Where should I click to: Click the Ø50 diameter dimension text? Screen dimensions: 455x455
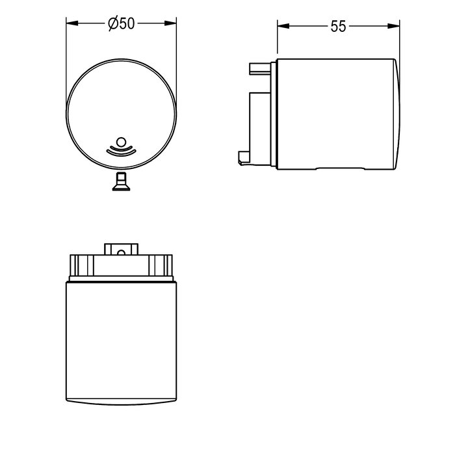(122, 23)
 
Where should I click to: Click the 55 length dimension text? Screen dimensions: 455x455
(339, 27)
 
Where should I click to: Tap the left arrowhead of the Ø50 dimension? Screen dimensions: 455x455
(72, 23)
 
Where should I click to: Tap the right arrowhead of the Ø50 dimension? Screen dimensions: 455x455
(170, 23)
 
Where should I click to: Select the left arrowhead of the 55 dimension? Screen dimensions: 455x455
(283, 26)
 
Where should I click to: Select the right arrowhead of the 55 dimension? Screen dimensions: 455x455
(394, 26)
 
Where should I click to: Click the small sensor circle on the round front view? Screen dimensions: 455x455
(121, 142)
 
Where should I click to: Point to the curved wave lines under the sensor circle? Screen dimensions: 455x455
(121, 150)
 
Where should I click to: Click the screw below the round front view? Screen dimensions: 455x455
(121, 181)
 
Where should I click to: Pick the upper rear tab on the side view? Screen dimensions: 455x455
(260, 69)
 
